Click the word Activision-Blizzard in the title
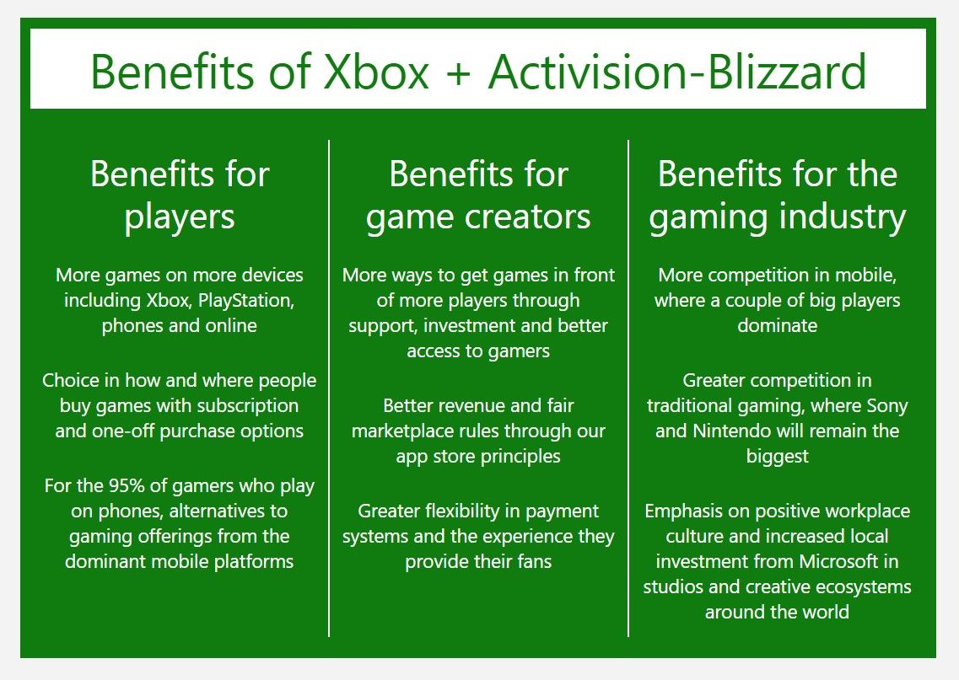pos(677,72)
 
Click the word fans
pos(535,561)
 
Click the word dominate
pos(777,325)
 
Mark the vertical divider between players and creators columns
pos(329,388)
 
